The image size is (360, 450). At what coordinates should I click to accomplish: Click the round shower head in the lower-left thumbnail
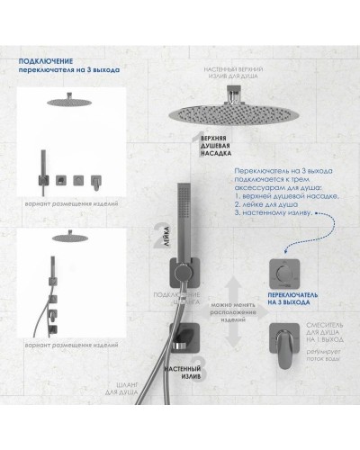point(64,238)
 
